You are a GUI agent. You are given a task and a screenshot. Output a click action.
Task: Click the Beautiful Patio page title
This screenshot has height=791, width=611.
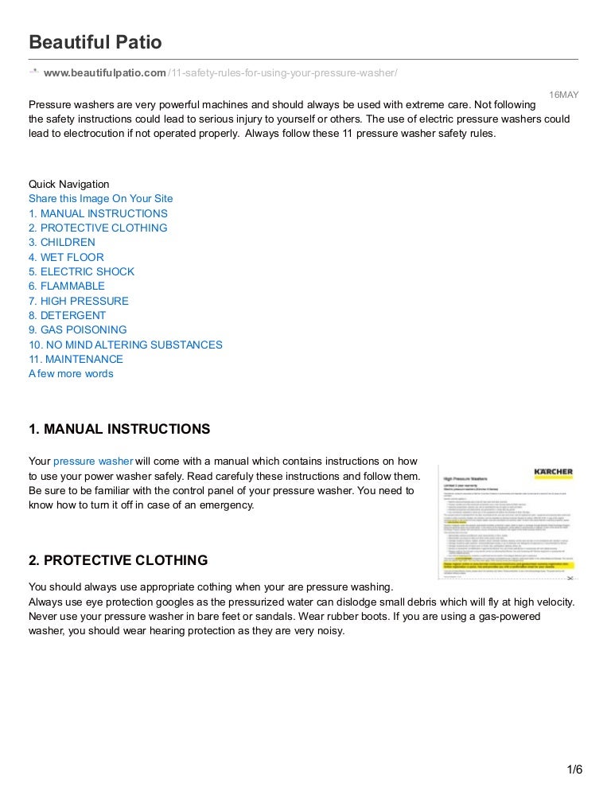(95, 41)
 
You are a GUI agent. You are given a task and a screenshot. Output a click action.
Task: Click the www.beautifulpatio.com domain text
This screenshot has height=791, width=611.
(105, 73)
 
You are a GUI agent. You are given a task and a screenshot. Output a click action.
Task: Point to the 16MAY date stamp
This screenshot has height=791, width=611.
(564, 95)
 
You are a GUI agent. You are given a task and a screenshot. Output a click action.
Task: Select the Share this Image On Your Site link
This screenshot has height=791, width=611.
(100, 199)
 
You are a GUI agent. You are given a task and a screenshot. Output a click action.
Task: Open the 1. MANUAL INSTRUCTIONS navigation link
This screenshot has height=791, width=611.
(98, 213)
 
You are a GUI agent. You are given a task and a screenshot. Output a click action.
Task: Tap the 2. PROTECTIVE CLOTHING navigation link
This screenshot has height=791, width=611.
(98, 228)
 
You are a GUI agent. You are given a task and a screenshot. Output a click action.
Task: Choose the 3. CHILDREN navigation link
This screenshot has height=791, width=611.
(62, 242)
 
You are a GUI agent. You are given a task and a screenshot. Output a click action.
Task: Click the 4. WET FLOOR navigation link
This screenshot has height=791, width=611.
(66, 257)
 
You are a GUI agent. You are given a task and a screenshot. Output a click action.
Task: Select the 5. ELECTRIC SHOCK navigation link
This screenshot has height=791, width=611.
(81, 271)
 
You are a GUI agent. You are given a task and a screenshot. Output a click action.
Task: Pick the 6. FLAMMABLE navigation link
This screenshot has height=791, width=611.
(67, 286)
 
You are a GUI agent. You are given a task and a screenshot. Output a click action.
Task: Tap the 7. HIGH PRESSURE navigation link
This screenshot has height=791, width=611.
(78, 301)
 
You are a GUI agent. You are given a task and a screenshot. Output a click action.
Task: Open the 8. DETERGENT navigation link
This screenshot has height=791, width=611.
(67, 315)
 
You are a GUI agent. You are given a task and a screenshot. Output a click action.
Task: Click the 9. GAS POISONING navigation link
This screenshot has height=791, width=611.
(77, 329)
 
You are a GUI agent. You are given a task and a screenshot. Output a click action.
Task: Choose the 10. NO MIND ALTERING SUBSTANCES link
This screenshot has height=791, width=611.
(126, 345)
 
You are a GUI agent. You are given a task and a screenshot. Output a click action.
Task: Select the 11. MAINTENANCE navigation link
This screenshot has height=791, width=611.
(76, 359)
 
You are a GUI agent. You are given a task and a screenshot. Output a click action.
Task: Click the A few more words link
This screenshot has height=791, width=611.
(71, 373)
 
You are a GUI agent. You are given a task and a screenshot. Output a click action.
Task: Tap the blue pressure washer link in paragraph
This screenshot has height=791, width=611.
(93, 461)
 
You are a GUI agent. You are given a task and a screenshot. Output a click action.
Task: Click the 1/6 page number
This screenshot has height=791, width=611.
(574, 770)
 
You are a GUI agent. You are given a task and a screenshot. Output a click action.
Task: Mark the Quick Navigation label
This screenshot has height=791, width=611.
(69, 184)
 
